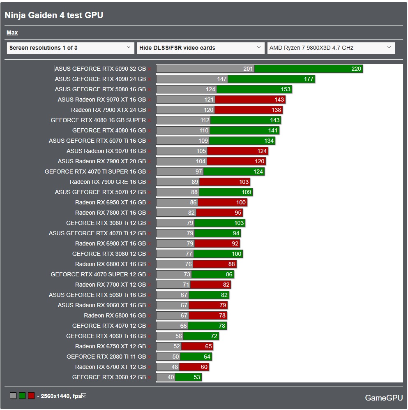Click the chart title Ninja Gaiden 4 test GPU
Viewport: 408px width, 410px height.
[53, 15]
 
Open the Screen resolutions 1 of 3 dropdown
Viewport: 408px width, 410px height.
[70, 48]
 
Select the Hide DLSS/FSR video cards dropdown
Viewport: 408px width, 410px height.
[201, 48]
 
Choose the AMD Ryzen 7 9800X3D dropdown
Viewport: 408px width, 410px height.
[331, 48]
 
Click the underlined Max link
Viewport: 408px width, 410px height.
[12, 32]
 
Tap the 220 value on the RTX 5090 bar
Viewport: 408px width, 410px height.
[356, 69]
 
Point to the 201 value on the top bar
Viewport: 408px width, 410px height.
[248, 69]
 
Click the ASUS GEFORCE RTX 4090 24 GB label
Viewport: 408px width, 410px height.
[100, 79]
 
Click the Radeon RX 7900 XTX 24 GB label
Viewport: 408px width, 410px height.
[108, 110]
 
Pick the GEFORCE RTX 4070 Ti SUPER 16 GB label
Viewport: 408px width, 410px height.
[95, 171]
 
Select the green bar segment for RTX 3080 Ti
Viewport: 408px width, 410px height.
[219, 223]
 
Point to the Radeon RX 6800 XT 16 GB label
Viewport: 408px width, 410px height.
[111, 264]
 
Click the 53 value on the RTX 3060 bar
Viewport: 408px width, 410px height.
[196, 377]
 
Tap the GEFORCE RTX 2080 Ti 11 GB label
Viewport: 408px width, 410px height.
[106, 357]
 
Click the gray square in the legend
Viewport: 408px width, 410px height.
[13, 396]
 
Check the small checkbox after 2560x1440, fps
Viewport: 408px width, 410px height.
[84, 396]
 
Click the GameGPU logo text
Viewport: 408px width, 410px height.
[384, 398]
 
